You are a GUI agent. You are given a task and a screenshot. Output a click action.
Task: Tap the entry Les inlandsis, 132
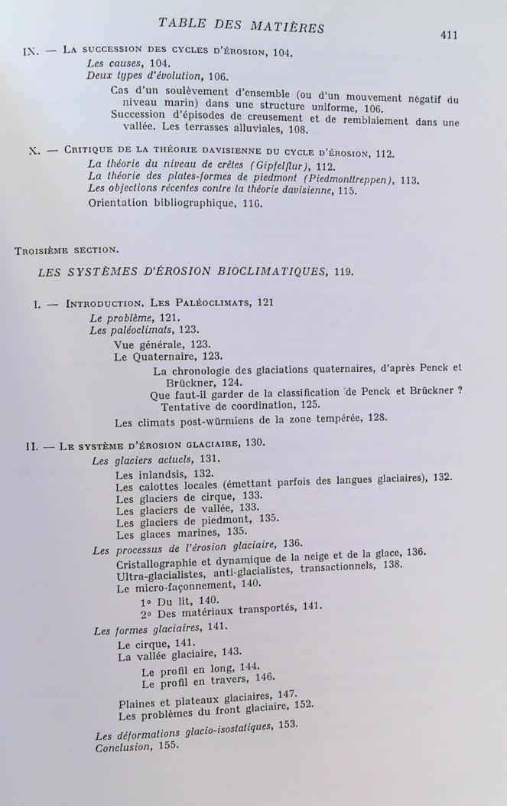(154, 473)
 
